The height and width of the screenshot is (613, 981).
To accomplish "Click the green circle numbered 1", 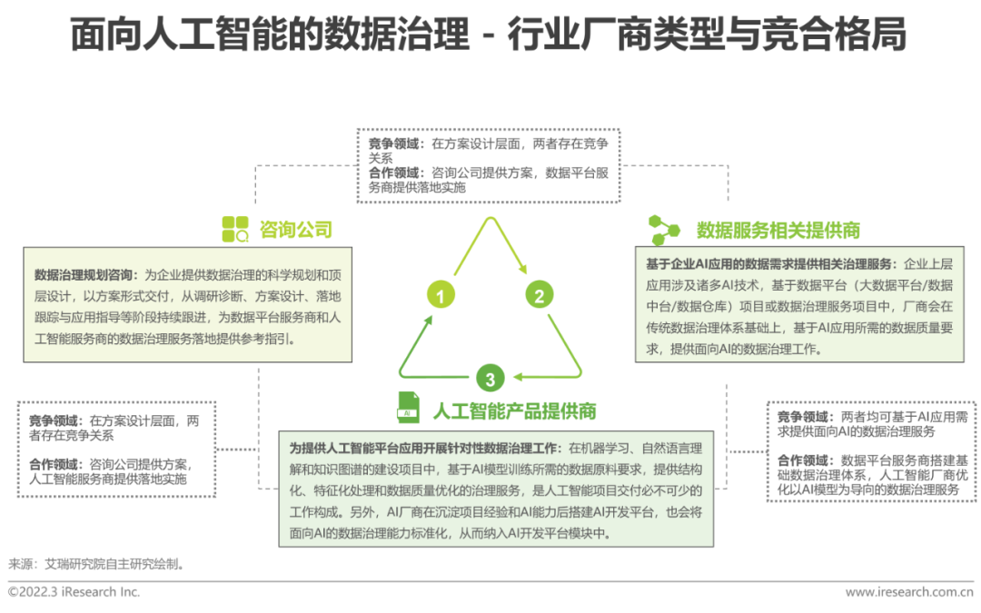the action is [x=441, y=295].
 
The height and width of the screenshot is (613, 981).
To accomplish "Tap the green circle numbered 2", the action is [x=538, y=295].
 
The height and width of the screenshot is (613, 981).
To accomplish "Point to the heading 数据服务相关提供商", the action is [x=778, y=229].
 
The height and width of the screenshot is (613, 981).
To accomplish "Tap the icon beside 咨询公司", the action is [x=235, y=229].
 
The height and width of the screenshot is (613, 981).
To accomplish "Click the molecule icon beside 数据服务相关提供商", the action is [x=665, y=228].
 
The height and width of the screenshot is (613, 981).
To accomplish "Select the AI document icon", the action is [x=408, y=408].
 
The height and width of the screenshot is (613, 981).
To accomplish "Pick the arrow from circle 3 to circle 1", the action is [x=420, y=345].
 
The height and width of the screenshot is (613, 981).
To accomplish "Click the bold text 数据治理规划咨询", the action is [x=84, y=274].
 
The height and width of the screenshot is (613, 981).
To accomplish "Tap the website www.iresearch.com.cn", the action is [x=909, y=592].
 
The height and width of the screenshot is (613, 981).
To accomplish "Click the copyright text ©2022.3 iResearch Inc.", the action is [x=74, y=592].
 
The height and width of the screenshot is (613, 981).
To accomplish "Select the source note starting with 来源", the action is [x=96, y=563].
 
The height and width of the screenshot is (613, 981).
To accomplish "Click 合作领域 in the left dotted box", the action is [x=56, y=464].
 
